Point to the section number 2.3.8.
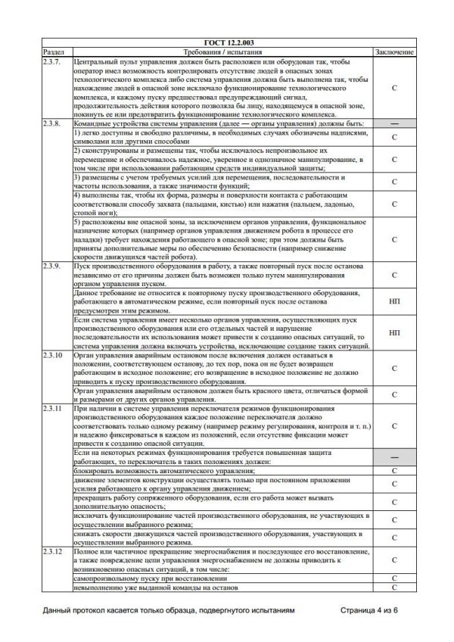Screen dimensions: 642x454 pos(51,123)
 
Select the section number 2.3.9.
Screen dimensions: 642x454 pos(51,267)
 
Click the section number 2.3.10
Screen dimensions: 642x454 pos(52,354)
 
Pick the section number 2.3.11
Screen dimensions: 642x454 pos(52,409)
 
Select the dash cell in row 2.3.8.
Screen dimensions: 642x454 pos(394,123)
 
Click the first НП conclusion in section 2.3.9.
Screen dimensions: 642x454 pos(394,301)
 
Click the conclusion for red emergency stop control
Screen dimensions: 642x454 pos(394,394)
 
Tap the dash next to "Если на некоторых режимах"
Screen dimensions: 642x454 pos(394,457)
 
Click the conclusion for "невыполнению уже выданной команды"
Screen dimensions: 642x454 pos(394,587)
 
